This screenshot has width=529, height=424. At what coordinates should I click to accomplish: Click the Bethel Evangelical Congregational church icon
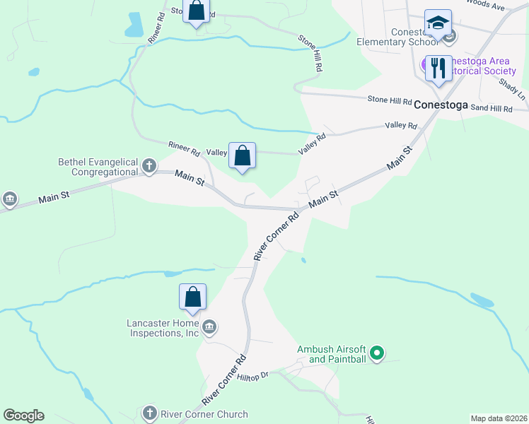coord(149,166)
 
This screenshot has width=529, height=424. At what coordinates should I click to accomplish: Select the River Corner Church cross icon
coord(149,413)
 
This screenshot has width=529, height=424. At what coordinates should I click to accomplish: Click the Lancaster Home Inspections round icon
coord(209,326)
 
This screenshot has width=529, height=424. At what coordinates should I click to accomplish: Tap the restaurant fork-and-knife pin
coord(438,69)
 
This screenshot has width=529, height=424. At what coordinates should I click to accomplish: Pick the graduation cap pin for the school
coord(438,23)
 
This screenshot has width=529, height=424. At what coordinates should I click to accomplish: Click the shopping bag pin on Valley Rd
coord(242,155)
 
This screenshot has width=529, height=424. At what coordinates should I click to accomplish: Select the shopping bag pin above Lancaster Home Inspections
coord(192,298)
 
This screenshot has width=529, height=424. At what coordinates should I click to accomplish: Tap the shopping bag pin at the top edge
coord(197,11)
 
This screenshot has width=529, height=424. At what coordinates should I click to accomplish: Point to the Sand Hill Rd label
coord(491,108)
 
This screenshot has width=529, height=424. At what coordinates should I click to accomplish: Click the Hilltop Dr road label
coord(254,377)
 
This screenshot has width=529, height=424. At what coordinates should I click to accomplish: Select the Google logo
coord(23,416)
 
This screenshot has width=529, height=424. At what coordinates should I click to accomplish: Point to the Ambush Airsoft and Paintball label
coord(331,354)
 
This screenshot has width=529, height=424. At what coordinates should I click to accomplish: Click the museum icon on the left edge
coord(9,200)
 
